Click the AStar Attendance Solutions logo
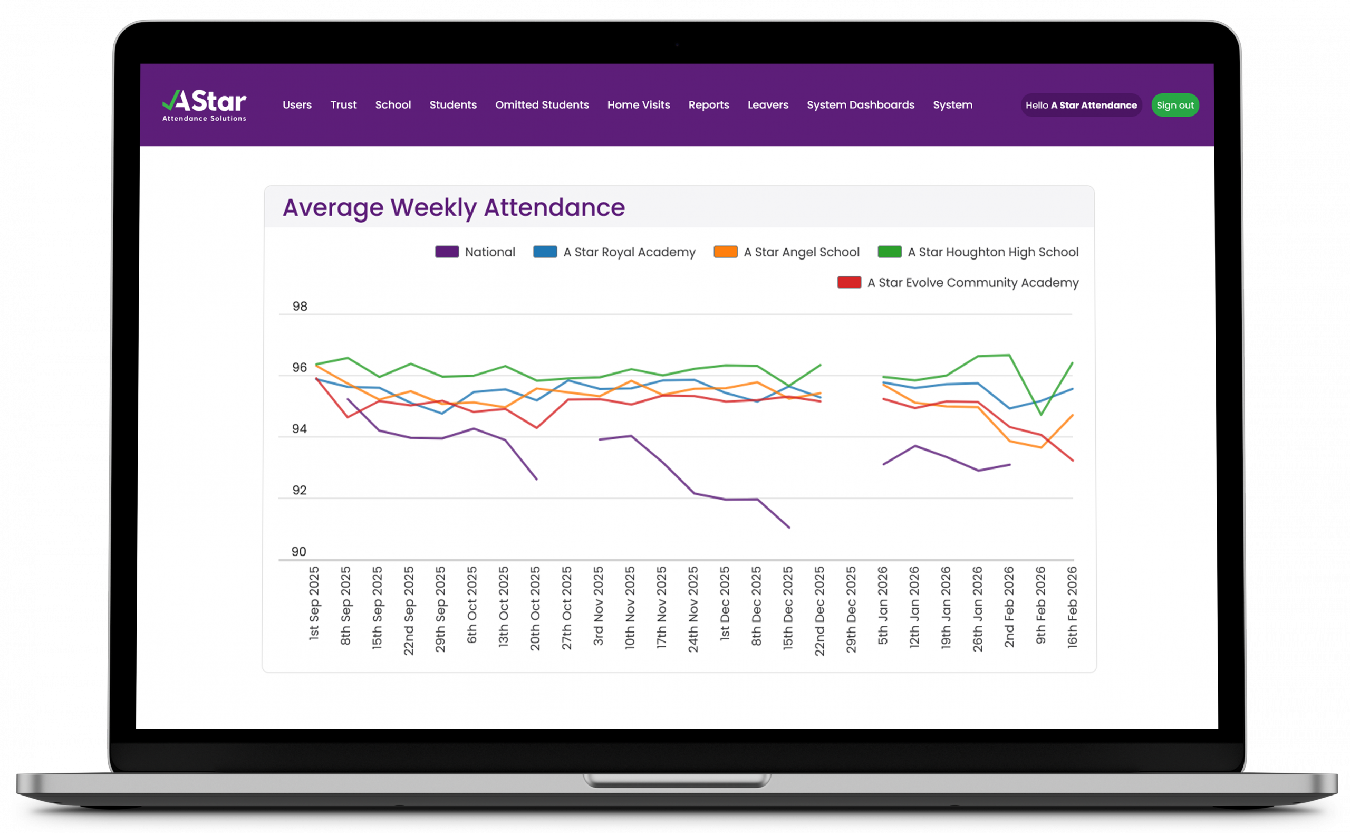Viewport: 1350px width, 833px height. click(x=204, y=104)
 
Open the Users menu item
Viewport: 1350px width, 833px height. click(x=297, y=104)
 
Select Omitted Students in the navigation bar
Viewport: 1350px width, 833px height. click(x=542, y=104)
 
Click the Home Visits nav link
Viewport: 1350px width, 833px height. click(x=638, y=104)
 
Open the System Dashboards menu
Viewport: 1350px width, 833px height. click(x=860, y=104)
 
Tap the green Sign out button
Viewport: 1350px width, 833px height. click(x=1175, y=105)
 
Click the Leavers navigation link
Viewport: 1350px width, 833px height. click(x=767, y=104)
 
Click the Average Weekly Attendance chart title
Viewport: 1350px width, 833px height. click(x=454, y=208)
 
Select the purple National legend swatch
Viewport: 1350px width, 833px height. click(x=447, y=252)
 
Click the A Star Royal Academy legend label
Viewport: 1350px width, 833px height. click(x=629, y=252)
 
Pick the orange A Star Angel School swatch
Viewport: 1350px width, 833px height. click(x=725, y=252)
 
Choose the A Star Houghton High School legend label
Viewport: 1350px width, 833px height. click(x=992, y=252)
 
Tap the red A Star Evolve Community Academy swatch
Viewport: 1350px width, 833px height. click(x=849, y=283)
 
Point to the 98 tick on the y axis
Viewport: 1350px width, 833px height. click(x=300, y=307)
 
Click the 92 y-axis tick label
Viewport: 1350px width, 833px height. click(x=300, y=490)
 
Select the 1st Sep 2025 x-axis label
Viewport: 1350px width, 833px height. click(x=314, y=604)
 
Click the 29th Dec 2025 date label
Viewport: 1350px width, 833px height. click(x=851, y=609)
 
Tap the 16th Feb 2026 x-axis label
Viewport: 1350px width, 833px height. click(x=1072, y=607)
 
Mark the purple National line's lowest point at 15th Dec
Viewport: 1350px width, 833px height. click(x=789, y=527)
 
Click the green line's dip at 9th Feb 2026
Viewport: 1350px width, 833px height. click(x=1041, y=414)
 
